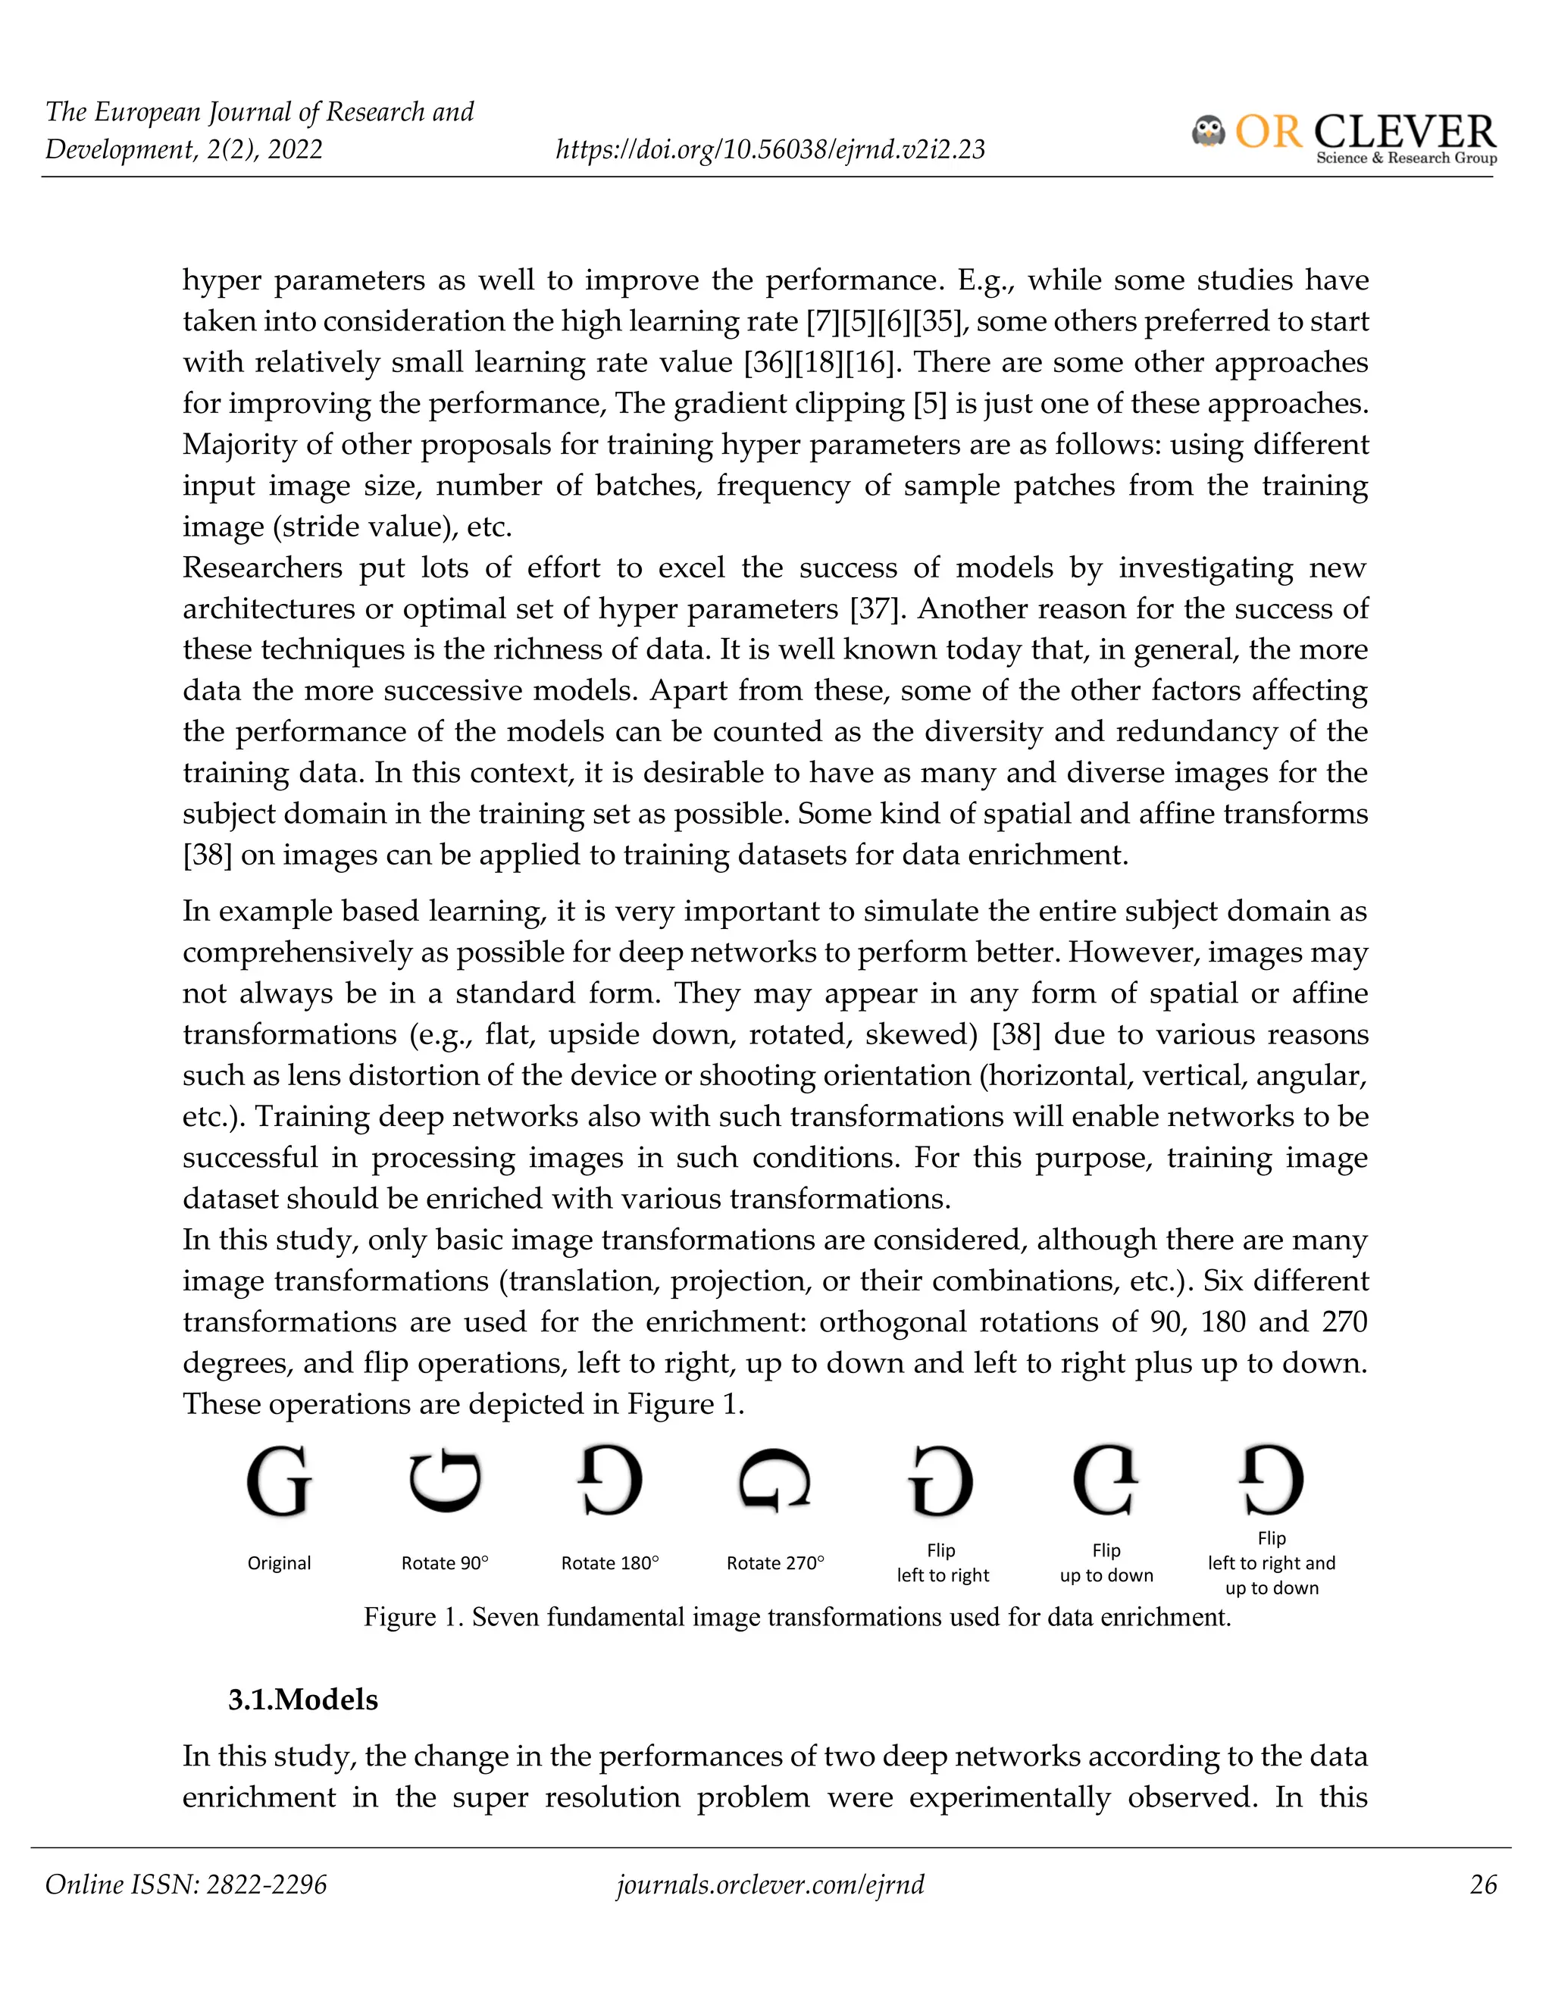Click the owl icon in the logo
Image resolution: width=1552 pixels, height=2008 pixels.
(x=1208, y=132)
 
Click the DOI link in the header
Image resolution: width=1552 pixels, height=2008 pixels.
(x=770, y=149)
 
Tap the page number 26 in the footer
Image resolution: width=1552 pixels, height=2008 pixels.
(x=1483, y=1884)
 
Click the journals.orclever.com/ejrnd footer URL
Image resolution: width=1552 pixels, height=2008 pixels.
(x=770, y=1884)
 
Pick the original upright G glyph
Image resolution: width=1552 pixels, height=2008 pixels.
(x=279, y=1481)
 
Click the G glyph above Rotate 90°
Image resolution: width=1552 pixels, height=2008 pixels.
(x=445, y=1481)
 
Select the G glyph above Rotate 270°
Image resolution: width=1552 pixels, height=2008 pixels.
(x=775, y=1481)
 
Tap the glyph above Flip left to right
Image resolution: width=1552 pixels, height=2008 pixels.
(x=940, y=1481)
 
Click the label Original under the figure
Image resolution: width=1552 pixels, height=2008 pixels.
(x=279, y=1563)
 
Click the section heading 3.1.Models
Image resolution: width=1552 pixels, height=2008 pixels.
(x=302, y=1700)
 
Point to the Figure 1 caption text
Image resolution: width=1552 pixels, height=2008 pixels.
(x=796, y=1617)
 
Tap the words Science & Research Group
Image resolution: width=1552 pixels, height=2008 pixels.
(x=1406, y=158)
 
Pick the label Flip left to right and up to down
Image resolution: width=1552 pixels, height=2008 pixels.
(x=1272, y=1563)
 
